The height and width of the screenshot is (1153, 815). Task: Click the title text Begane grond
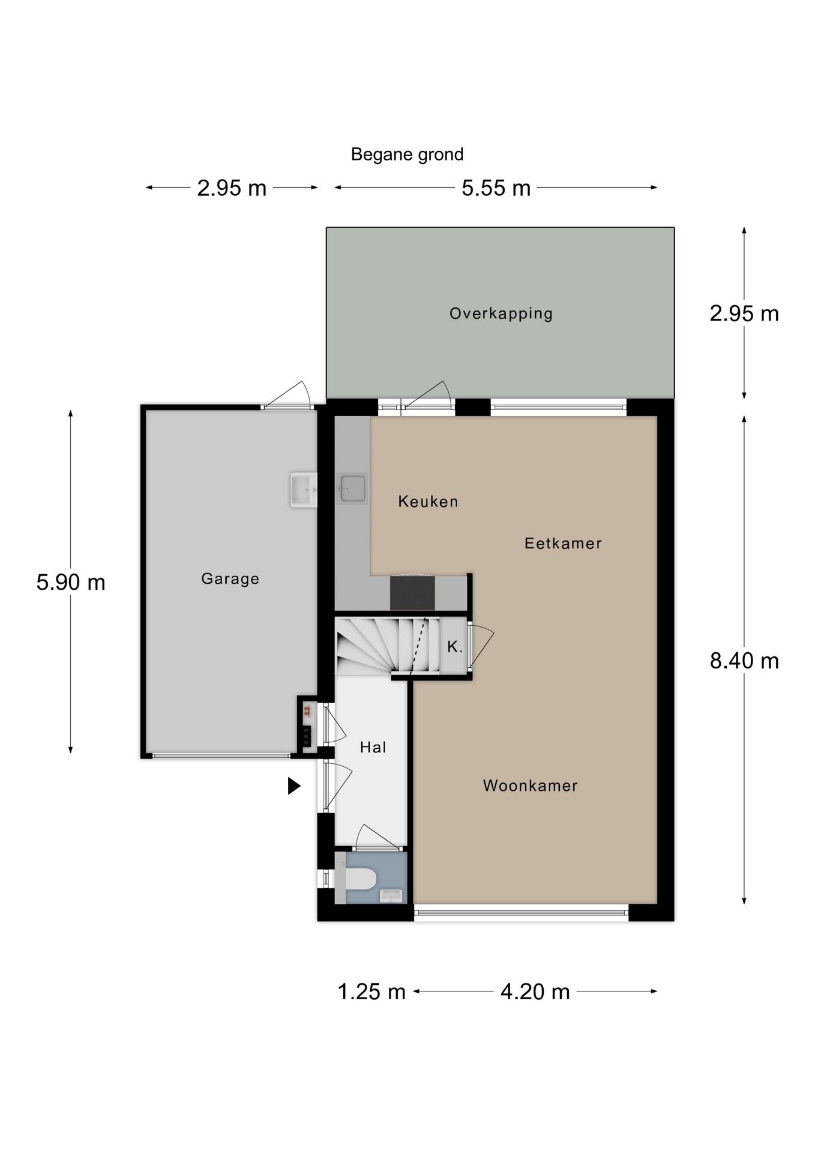tap(407, 155)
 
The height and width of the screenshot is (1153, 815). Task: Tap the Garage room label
tap(230, 579)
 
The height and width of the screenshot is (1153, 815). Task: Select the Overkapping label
tap(501, 313)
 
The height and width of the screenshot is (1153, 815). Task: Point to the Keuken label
tap(428, 501)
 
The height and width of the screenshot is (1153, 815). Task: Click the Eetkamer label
tap(563, 543)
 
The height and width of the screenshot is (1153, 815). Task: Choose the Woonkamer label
tap(531, 785)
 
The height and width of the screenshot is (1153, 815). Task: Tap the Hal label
tap(373, 747)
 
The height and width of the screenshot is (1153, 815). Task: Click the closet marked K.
tap(455, 647)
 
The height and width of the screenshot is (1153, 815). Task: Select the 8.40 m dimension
tap(744, 661)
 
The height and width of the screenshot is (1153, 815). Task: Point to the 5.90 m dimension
tap(71, 583)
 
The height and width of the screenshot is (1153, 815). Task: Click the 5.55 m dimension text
tap(496, 188)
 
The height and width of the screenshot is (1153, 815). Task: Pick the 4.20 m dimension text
tap(535, 991)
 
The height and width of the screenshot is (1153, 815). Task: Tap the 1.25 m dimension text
tap(371, 991)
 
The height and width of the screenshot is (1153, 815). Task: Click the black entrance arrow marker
tap(294, 785)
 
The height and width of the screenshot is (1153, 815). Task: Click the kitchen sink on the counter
tap(352, 489)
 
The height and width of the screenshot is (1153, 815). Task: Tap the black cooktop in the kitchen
tap(412, 592)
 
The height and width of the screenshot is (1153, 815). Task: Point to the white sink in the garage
tap(304, 490)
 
